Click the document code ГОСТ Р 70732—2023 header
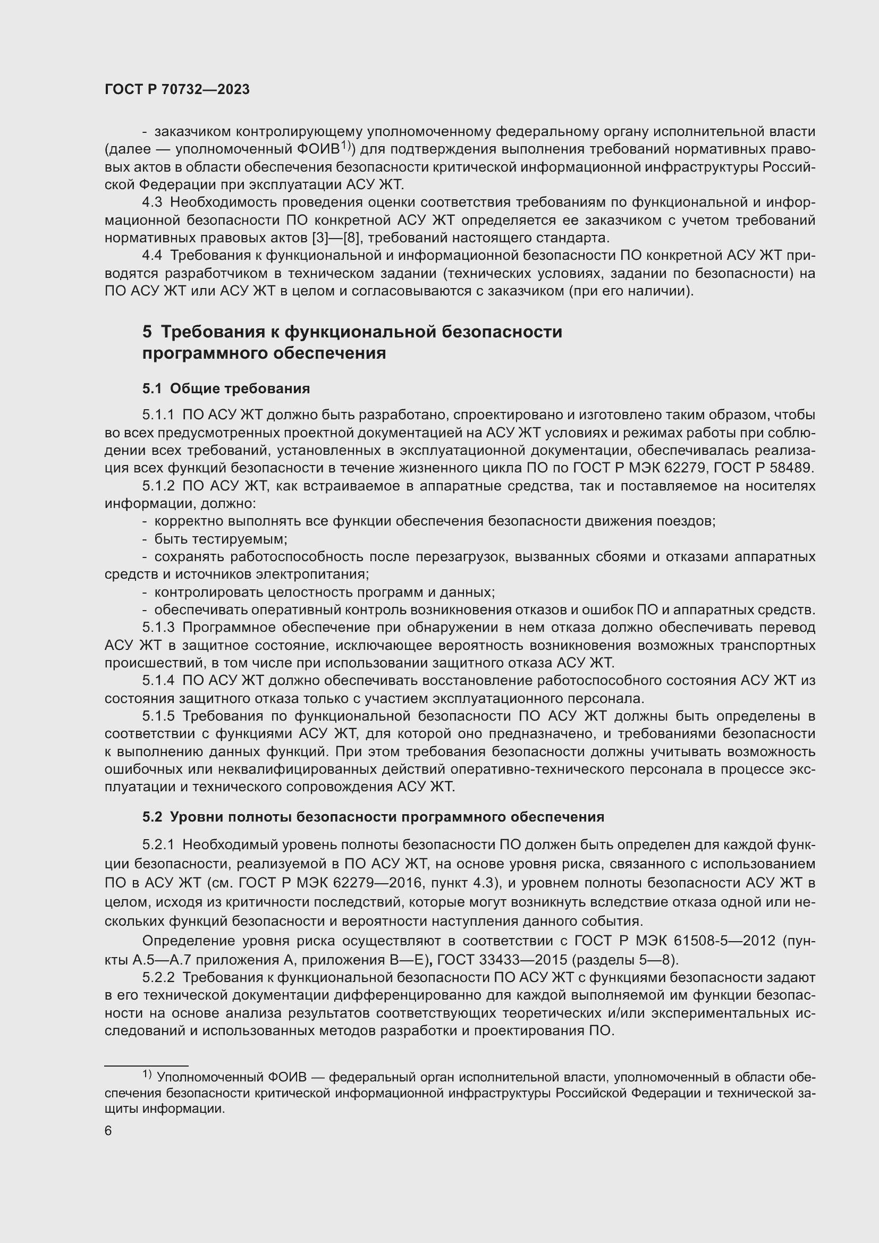[177, 90]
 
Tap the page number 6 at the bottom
[108, 1131]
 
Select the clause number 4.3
[152, 202]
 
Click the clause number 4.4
[152, 256]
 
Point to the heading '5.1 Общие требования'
[226, 388]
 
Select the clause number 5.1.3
[158, 628]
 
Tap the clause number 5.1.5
[158, 716]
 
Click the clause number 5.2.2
[158, 978]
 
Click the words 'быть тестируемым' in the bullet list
[221, 539]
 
